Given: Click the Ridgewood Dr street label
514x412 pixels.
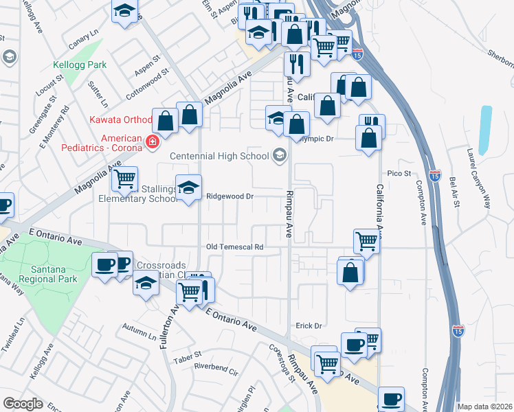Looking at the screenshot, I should coord(231,196).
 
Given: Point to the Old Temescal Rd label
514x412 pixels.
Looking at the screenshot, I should coord(235,247).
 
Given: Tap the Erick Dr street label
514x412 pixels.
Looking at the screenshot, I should coord(309,325).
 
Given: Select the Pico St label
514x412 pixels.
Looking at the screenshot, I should coord(399,174).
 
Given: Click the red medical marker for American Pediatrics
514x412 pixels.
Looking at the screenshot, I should coord(153,142).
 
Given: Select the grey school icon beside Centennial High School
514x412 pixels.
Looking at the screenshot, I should coord(280,156).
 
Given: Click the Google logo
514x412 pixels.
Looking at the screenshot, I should coord(23,404).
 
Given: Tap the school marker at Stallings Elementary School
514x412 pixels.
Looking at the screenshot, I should coord(188,187).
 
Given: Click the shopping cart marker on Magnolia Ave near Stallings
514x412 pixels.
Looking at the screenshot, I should coord(125,180).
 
